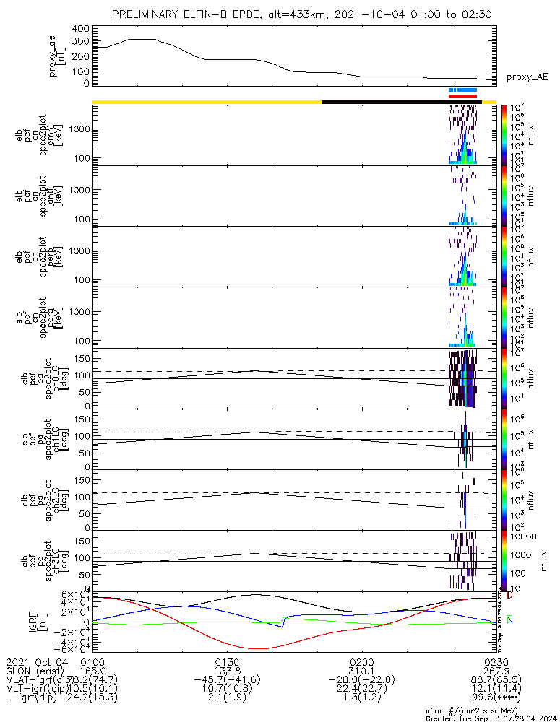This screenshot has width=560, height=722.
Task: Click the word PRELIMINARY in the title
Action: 146,14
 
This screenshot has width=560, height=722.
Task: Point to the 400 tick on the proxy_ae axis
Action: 81,29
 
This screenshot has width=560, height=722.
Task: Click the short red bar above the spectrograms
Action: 462,95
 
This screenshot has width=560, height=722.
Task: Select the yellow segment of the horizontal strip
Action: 207,102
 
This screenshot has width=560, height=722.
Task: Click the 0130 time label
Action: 227,662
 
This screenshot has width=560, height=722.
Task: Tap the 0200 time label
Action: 361,662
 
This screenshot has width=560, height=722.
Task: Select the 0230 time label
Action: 496,662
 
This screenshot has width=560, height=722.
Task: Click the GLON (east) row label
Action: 35,671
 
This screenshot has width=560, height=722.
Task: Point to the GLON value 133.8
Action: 227,671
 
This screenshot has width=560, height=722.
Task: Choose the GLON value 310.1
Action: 361,671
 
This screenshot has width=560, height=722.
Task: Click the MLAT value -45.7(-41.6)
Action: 227,681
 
